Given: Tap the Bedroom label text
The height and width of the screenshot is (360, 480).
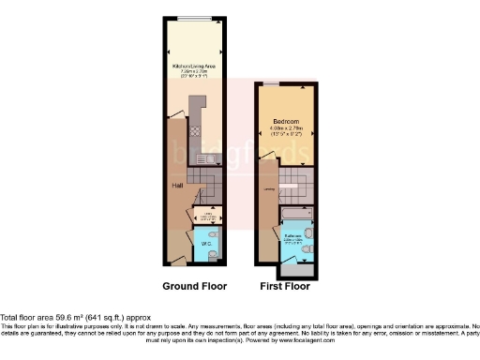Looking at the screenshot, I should pos(287,121).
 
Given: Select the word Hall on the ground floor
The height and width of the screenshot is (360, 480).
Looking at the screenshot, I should pos(176,186).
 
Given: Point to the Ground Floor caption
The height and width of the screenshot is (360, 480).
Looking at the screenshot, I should pos(193,285).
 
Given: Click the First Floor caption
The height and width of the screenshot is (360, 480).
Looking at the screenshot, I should pos(287,285).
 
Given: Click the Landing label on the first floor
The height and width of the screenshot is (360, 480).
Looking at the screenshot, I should pos(269,190).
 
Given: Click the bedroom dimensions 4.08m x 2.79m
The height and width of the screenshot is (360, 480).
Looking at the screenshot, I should pos(287,128).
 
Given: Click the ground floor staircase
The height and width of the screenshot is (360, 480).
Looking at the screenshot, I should pos(203,178).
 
